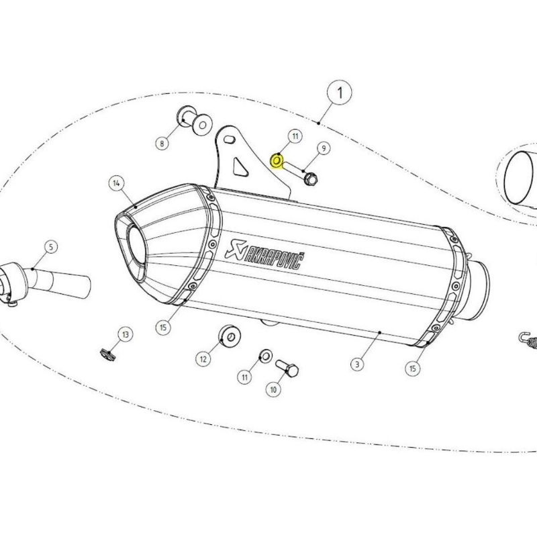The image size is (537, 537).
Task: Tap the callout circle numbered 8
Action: [162, 142]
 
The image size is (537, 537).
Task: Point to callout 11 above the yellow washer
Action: [293, 137]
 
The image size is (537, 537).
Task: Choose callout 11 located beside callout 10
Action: [246, 379]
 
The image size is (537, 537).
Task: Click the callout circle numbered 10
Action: [274, 389]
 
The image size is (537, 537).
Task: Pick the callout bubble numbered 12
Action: [203, 359]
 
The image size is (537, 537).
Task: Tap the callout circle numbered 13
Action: [125, 334]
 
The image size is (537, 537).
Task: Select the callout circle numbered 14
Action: [116, 183]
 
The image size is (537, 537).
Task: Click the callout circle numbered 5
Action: [50, 247]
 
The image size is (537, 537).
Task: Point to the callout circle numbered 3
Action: [357, 364]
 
